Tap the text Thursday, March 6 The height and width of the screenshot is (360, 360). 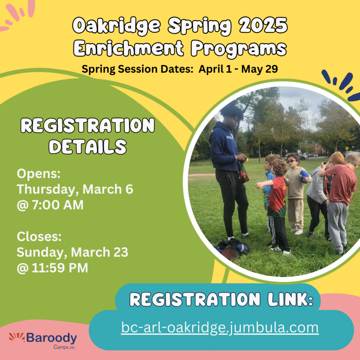click(75, 189)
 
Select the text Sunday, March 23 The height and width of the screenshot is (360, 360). click(72, 252)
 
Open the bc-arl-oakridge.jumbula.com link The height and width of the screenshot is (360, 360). click(220, 328)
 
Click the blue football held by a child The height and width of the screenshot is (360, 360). click(304, 175)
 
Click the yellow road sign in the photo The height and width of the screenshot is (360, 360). click(347, 148)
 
